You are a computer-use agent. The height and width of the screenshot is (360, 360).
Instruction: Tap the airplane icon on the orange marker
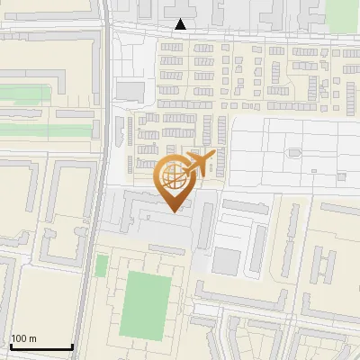point(200,161)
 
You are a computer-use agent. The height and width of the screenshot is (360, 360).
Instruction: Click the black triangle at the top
point(182,24)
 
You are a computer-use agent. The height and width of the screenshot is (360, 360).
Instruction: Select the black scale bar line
point(41,347)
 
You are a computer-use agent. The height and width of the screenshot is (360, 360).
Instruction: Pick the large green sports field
point(146,304)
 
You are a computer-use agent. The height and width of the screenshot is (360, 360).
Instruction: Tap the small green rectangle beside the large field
point(102,265)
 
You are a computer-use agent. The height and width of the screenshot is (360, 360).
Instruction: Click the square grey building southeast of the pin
point(227,262)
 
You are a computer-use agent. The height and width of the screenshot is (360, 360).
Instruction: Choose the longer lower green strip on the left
point(45,130)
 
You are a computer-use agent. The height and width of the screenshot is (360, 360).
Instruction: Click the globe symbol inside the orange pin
point(175,175)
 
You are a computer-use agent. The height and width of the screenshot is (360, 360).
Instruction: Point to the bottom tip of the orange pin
point(176,211)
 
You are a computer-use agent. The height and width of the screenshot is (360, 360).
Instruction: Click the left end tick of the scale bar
point(11,346)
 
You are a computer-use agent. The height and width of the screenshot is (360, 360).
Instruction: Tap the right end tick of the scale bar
point(72,346)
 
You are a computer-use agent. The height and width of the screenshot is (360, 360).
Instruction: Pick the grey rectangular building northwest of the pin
point(130,91)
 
